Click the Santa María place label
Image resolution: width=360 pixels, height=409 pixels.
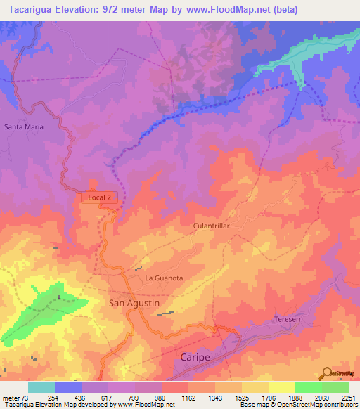[24, 127]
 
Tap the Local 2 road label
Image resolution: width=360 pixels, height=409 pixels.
[99, 198]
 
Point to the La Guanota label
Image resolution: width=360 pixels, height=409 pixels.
[164, 278]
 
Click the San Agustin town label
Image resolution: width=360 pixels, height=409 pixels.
[134, 303]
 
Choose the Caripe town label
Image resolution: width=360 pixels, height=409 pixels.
[192, 358]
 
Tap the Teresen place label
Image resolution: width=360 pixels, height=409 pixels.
[286, 320]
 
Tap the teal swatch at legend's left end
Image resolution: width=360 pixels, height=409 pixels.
[41, 387]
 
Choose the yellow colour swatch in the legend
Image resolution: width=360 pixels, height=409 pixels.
[281, 387]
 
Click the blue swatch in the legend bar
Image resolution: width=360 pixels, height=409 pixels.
[68, 387]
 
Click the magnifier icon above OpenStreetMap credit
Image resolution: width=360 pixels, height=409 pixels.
[328, 373]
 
